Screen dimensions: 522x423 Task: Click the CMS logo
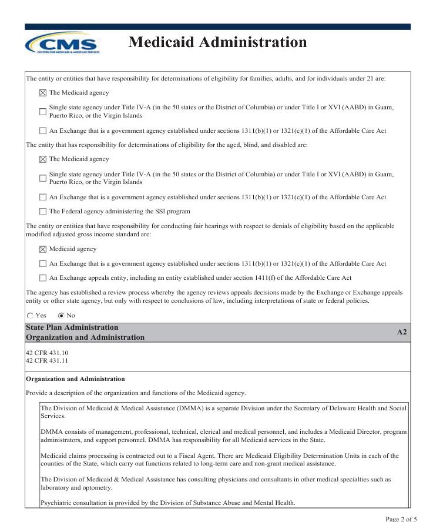[62, 43]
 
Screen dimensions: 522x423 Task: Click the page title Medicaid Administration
[217, 42]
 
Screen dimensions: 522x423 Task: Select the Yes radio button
[31, 315]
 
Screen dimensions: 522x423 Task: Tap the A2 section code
[402, 332]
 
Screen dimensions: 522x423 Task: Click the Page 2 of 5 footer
[402, 518]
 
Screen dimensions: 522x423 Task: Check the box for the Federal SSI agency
[42, 212]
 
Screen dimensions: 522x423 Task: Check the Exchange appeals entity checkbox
[42, 278]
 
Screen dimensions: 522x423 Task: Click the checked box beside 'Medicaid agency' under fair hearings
[42, 249]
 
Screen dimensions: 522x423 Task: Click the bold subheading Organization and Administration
[75, 379]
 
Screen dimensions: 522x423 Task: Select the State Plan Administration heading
[72, 327]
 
